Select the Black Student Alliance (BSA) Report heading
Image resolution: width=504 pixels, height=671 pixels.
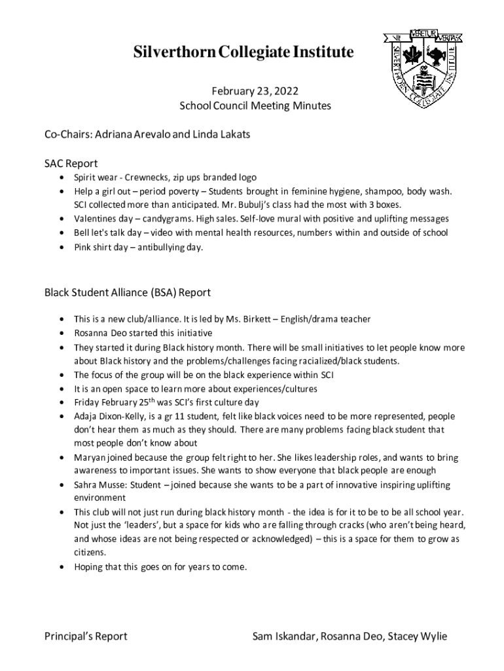pos(127,292)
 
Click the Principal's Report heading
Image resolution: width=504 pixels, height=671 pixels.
pos(86,636)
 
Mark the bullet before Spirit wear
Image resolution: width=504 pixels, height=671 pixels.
pos(61,178)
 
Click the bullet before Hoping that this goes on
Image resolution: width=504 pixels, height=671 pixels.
pos(61,567)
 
